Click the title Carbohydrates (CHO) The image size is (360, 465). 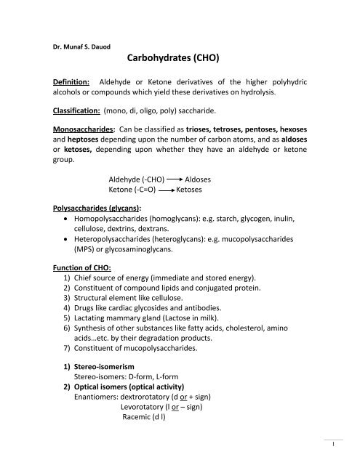pyautogui.click(x=179, y=54)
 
